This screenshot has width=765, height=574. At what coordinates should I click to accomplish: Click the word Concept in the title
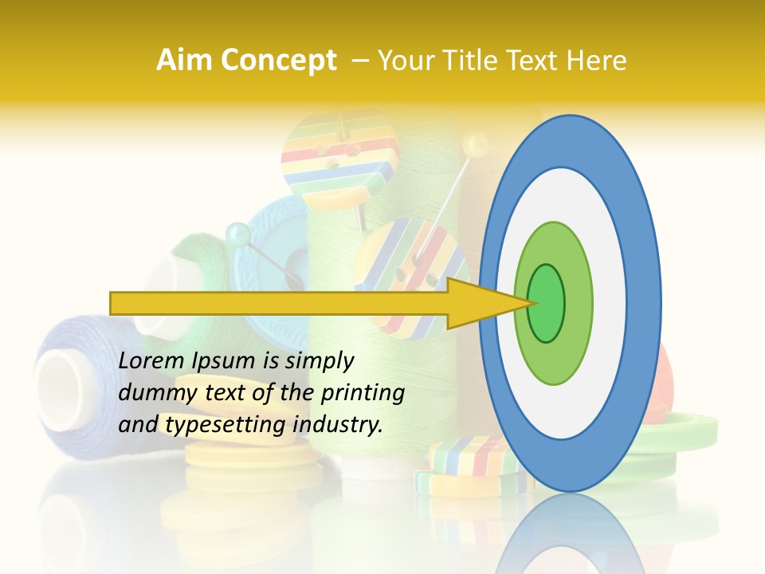coord(279,61)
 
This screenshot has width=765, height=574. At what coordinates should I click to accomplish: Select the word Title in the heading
coord(478,61)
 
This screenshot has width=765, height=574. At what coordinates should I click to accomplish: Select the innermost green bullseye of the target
coord(547,303)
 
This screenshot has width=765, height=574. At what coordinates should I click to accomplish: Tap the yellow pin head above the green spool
coord(477,144)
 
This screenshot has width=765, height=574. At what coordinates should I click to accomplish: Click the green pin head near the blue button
coord(237,234)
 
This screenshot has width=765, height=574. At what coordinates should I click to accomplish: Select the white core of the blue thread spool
coord(61,379)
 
